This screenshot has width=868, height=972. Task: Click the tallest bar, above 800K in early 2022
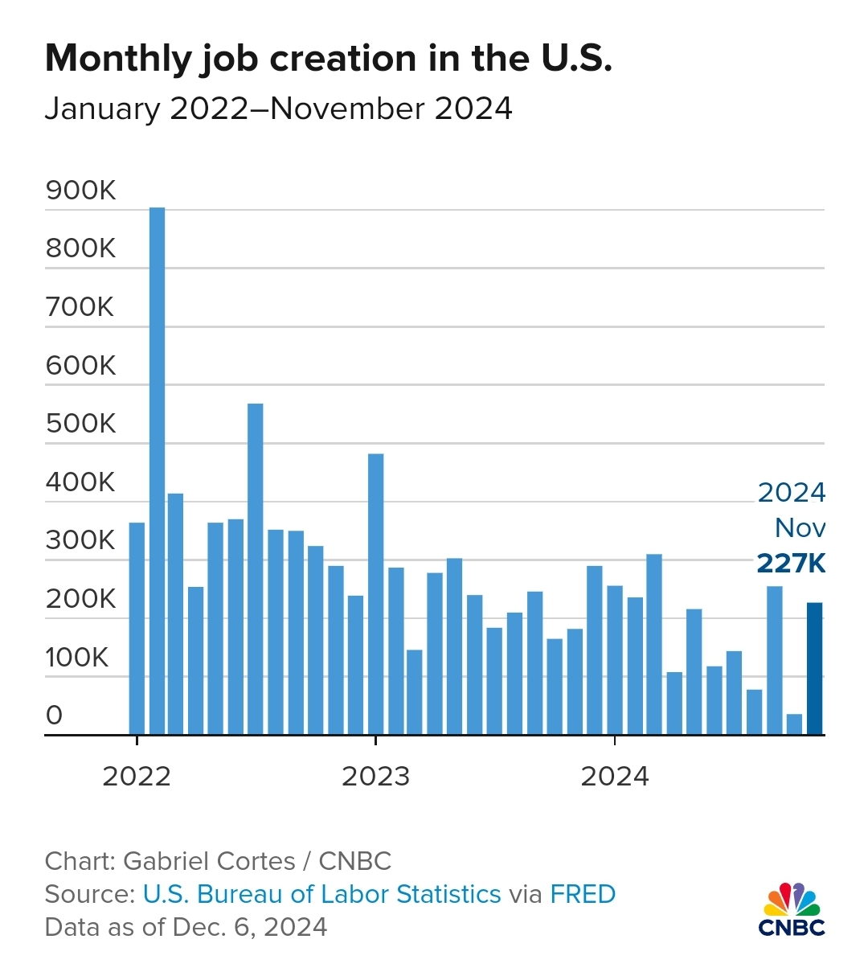pyautogui.click(x=157, y=470)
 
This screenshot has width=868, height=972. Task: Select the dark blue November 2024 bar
pyautogui.click(x=815, y=668)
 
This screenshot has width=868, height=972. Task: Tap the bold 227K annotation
pyautogui.click(x=791, y=564)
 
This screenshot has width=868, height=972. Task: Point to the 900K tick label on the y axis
pyautogui.click(x=81, y=191)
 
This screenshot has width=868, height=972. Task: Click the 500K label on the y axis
pyautogui.click(x=81, y=424)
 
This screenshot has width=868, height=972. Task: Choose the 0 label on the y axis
pyautogui.click(x=54, y=715)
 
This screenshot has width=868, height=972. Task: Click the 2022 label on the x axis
pyautogui.click(x=137, y=777)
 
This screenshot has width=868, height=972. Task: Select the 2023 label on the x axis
pyautogui.click(x=375, y=777)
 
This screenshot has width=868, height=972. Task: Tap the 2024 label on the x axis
pyautogui.click(x=615, y=777)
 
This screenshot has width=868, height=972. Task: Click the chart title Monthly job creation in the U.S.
pyautogui.click(x=328, y=59)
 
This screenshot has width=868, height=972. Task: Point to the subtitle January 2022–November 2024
pyautogui.click(x=278, y=109)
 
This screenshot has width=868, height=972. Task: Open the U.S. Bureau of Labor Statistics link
pyautogui.click(x=321, y=894)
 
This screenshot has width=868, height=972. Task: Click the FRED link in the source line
pyautogui.click(x=583, y=894)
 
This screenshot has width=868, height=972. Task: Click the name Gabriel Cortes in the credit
pyautogui.click(x=209, y=861)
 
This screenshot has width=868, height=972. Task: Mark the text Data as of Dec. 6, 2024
pyautogui.click(x=186, y=927)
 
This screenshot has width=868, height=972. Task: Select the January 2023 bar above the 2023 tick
pyautogui.click(x=375, y=594)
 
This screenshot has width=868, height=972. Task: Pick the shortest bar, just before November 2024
pyautogui.click(x=794, y=724)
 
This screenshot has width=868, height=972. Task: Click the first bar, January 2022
pyautogui.click(x=137, y=628)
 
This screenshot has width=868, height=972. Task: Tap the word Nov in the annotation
pyautogui.click(x=800, y=528)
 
